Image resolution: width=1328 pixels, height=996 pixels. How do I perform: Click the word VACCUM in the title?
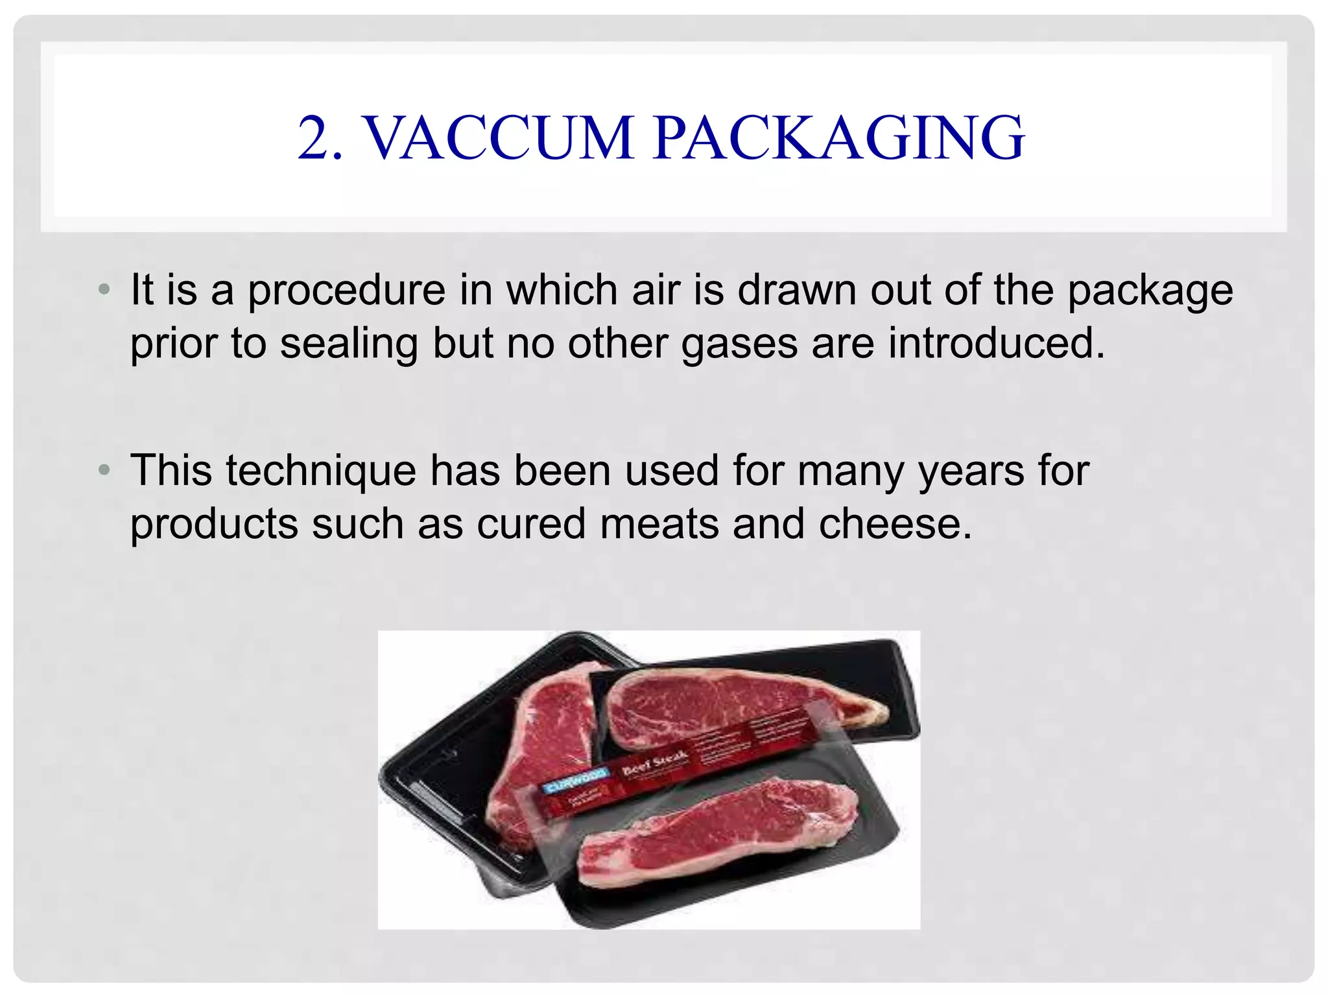click(499, 137)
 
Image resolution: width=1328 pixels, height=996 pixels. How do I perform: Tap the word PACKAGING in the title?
click(838, 137)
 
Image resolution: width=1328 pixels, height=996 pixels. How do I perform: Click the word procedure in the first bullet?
click(347, 290)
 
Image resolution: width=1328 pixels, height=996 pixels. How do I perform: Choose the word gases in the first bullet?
click(739, 344)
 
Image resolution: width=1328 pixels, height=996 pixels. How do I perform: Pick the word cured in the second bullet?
click(531, 524)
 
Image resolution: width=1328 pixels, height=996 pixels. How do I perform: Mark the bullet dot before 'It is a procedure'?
click(104, 289)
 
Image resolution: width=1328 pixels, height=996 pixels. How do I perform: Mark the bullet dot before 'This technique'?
click(104, 469)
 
